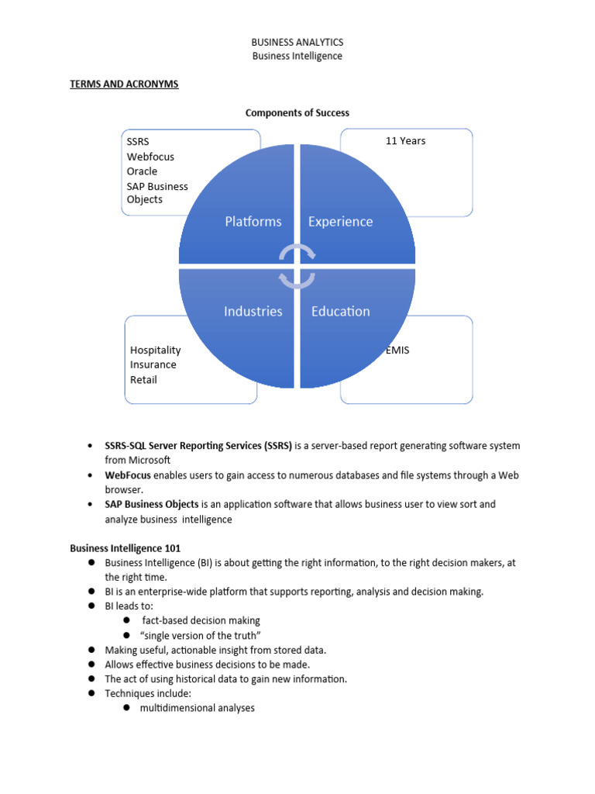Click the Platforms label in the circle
click(253, 222)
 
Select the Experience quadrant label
click(340, 222)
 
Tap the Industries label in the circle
click(253, 312)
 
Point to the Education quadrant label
click(341, 312)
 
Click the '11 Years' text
click(405, 141)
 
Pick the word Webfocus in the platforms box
click(150, 157)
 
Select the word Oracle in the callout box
click(142, 171)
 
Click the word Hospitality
click(156, 350)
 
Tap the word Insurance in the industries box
click(153, 364)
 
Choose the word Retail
click(143, 379)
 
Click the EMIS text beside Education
click(397, 350)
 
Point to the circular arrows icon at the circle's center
click(297, 267)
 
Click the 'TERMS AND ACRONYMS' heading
click(124, 84)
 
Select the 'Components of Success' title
click(297, 113)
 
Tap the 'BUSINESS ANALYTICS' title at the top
click(297, 42)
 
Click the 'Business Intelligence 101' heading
click(126, 548)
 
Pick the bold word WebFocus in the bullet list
click(128, 475)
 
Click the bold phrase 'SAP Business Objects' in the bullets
click(152, 504)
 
